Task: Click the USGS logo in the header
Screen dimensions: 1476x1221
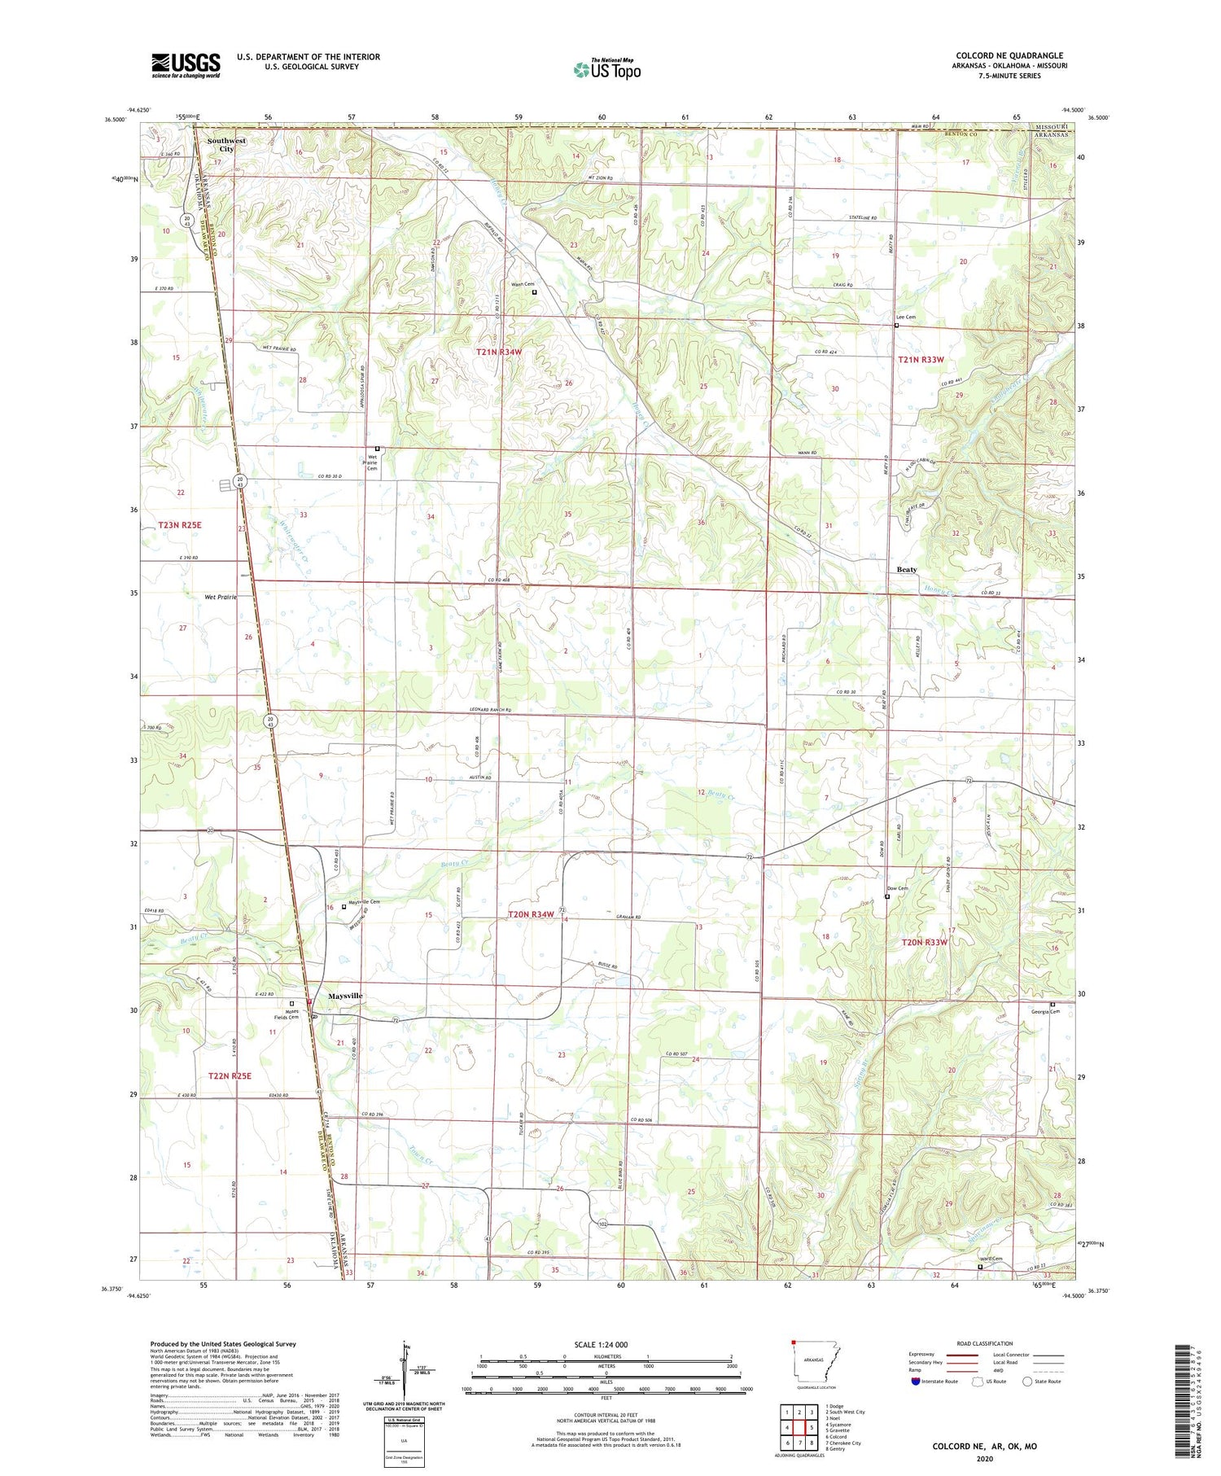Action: coord(186,65)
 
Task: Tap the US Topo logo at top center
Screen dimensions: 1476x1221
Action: coord(606,69)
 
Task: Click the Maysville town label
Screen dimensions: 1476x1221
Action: coord(345,996)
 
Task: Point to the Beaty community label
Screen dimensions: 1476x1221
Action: coord(906,569)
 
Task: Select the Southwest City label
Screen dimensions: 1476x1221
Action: coord(226,145)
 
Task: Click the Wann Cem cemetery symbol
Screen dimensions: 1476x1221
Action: coord(535,291)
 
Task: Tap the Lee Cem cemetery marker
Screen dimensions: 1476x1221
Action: coord(896,325)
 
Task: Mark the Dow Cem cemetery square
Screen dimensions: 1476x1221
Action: coord(886,896)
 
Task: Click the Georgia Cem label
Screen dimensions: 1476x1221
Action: coord(1044,1012)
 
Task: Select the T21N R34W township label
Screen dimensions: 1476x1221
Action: coord(498,352)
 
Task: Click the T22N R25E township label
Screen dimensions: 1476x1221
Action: coord(230,1075)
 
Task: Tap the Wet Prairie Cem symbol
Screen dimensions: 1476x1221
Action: coord(377,449)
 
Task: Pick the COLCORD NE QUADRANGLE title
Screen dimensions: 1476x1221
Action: coord(1009,55)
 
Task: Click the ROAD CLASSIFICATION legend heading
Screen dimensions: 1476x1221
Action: coord(985,1343)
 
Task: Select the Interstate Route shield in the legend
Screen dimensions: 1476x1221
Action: coord(916,1381)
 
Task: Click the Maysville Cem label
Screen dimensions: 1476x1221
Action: coord(364,901)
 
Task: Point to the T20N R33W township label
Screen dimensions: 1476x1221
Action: coord(925,942)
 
